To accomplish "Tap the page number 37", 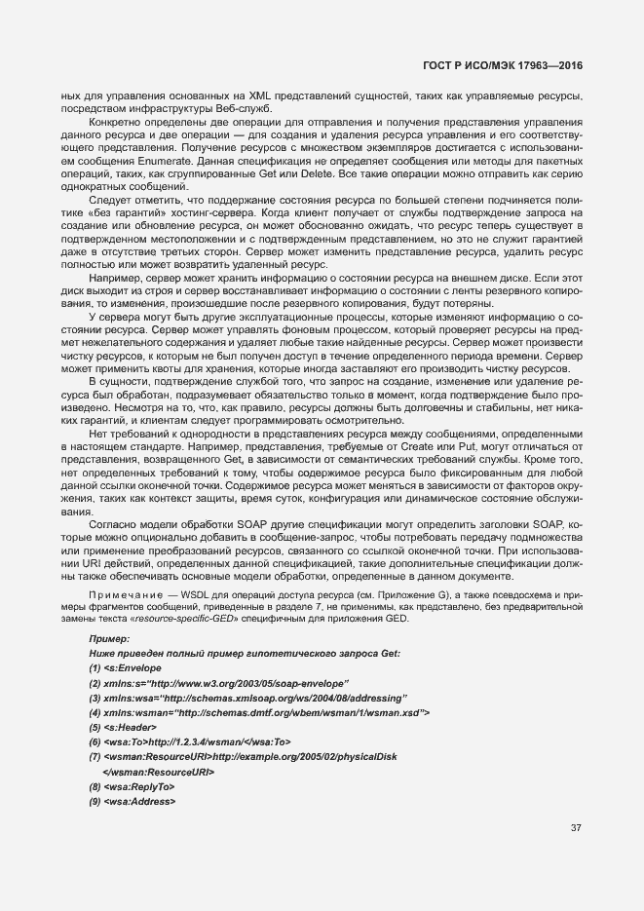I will [x=576, y=828].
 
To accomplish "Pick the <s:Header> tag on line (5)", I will [x=126, y=727].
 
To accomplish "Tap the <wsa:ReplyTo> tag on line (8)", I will [x=138, y=786].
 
